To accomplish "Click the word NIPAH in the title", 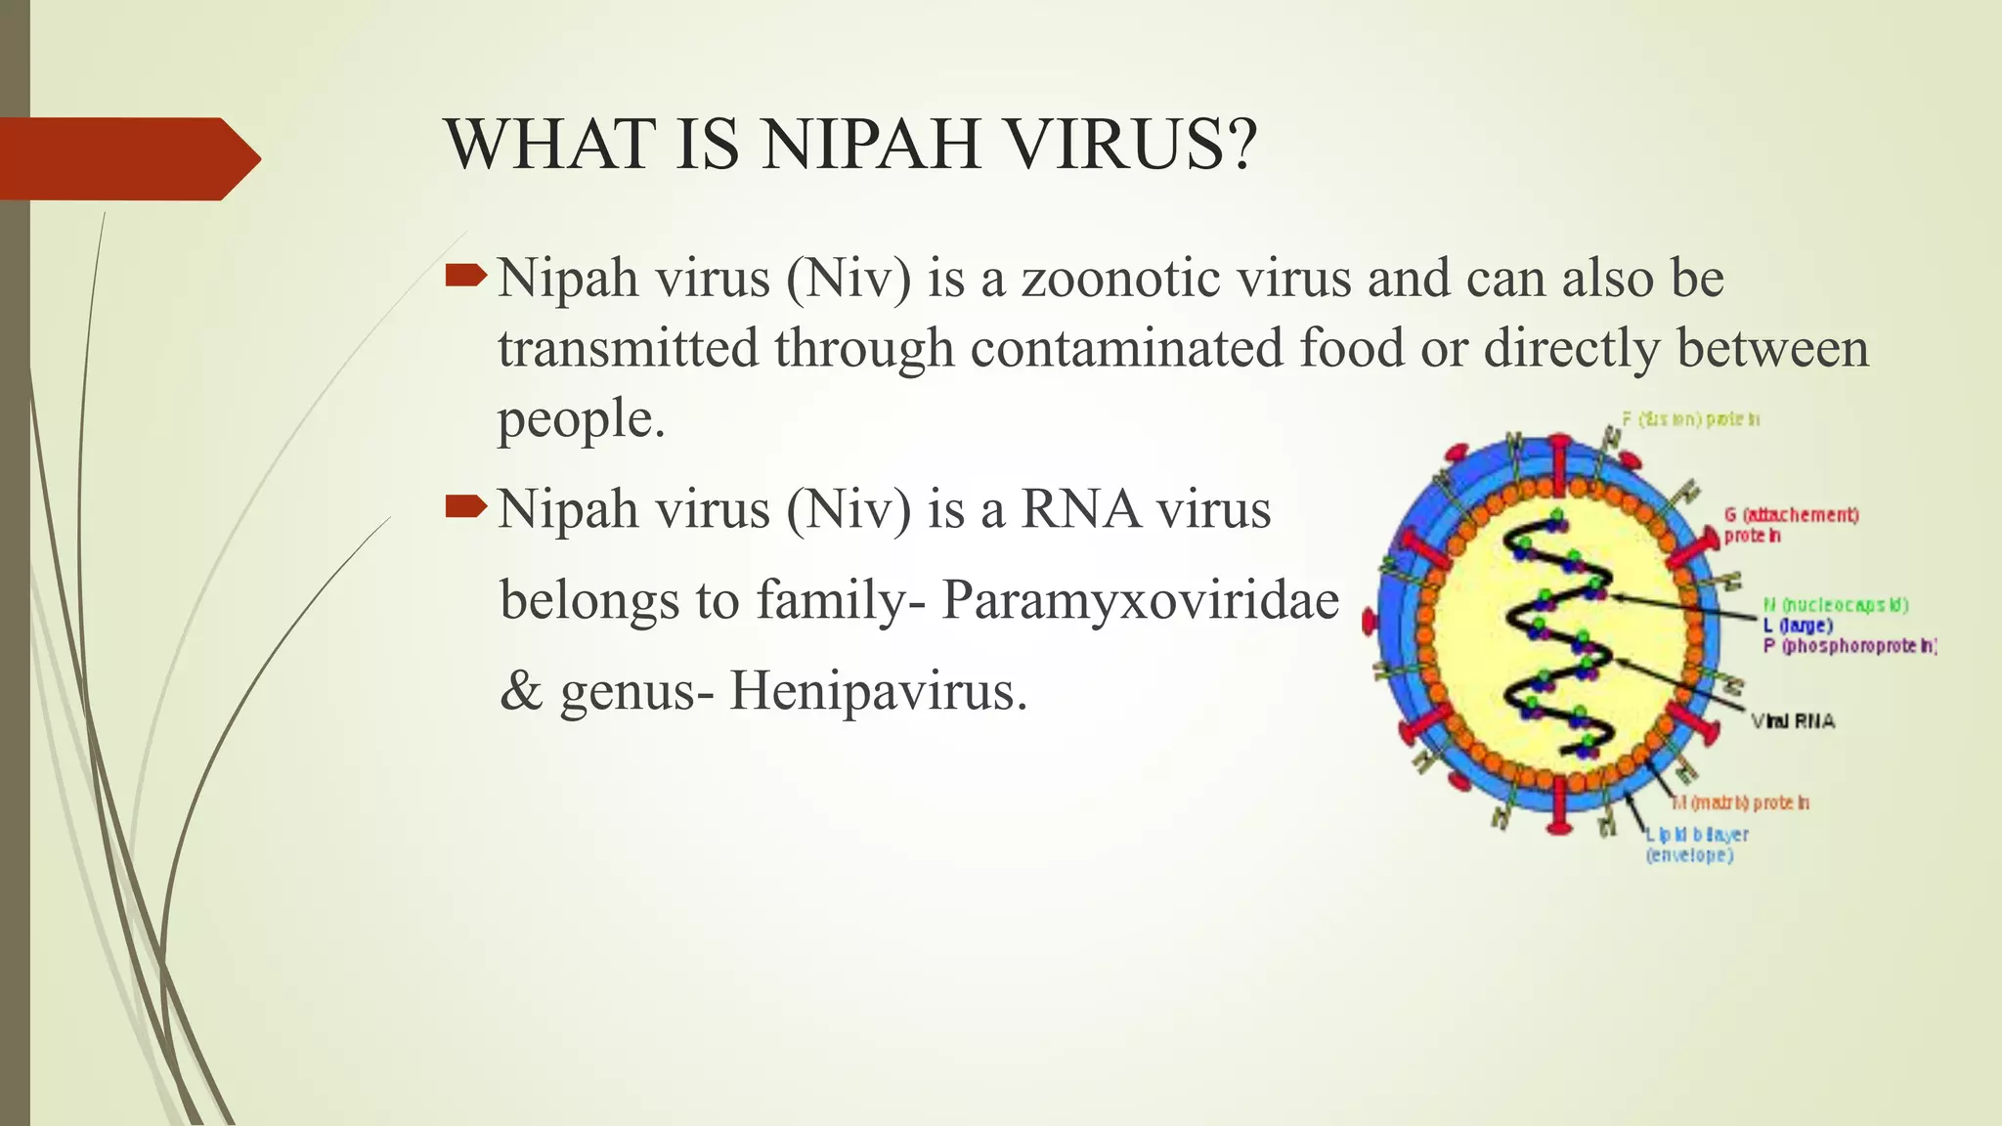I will click(x=871, y=145).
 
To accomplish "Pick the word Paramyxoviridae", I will click(x=1140, y=600).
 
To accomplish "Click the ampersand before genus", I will click(x=521, y=692).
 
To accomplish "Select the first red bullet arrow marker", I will click(x=464, y=276).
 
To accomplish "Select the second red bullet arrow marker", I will click(x=464, y=506).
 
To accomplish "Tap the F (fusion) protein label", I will click(x=1690, y=419).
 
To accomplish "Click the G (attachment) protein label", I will click(x=1790, y=525).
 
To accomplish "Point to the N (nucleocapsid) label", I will click(x=1835, y=605).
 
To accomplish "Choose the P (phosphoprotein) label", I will click(x=1849, y=646).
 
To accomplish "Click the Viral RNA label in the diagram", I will click(x=1793, y=721).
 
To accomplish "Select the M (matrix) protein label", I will click(x=1740, y=802).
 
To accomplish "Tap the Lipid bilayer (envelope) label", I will click(x=1697, y=844).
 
